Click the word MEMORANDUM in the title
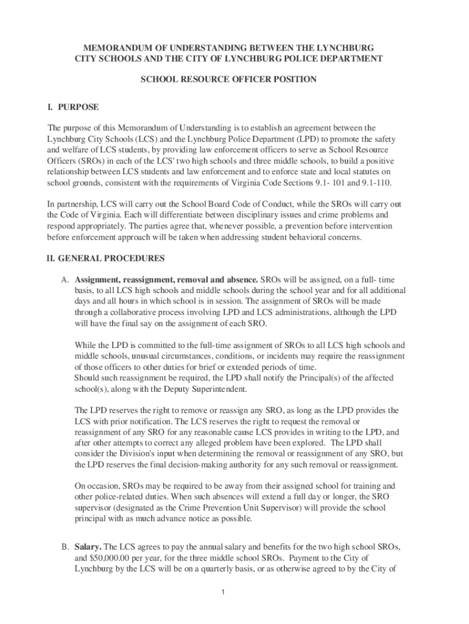tap(113, 48)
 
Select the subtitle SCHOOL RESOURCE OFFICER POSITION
tap(228, 79)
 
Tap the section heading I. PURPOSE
tap(73, 107)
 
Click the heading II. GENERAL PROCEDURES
tap(106, 258)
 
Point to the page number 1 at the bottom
tap(224, 592)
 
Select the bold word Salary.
tap(89, 547)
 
